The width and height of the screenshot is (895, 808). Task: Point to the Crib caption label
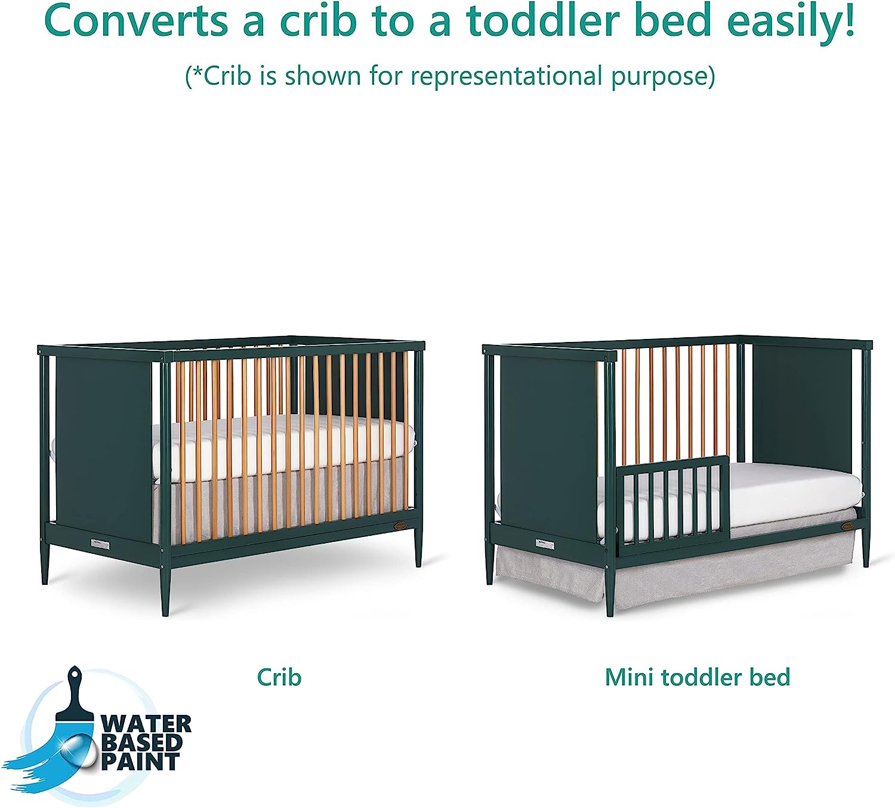279,677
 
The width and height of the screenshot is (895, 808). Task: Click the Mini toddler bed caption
698,677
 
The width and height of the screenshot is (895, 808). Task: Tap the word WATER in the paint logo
146,724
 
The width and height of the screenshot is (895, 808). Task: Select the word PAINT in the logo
140,761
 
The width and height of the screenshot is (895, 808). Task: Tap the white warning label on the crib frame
100,543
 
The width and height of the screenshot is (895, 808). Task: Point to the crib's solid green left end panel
103,446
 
